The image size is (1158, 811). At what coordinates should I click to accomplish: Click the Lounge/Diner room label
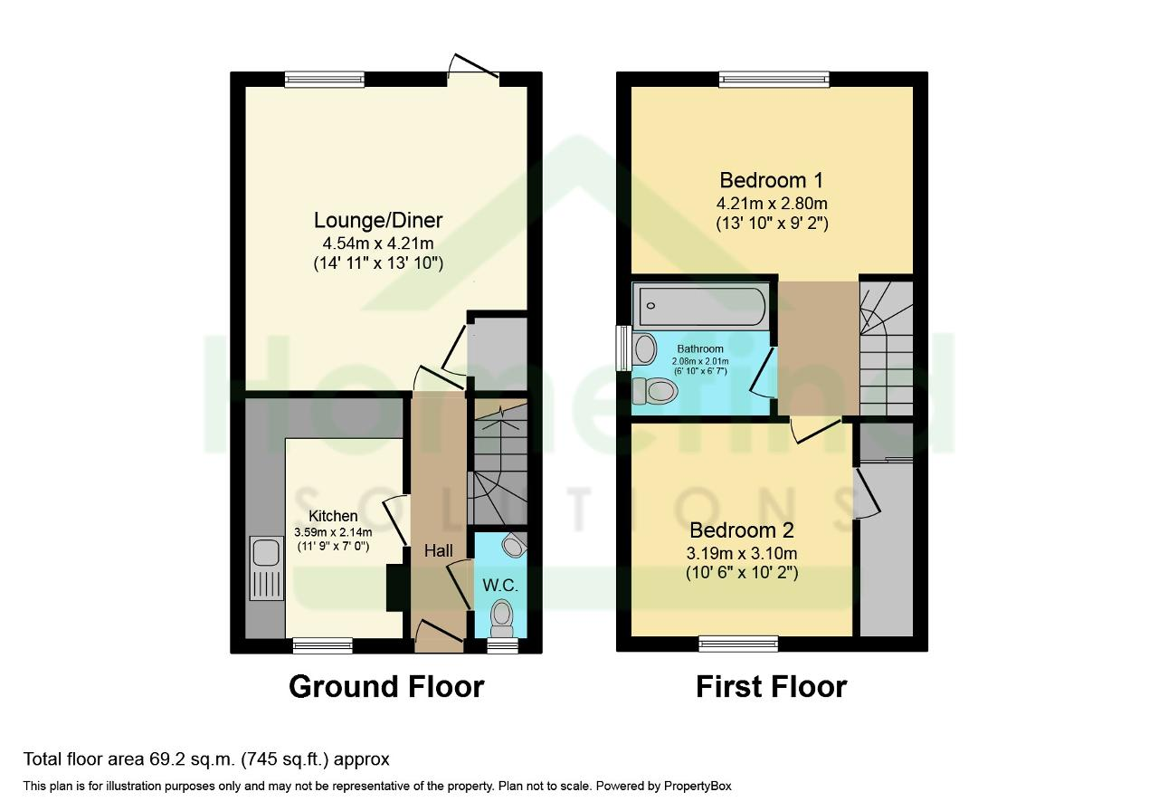378,220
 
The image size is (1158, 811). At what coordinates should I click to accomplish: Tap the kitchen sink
267,568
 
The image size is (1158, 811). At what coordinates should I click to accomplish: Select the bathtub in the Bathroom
701,306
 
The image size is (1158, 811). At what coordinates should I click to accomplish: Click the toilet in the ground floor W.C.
501,618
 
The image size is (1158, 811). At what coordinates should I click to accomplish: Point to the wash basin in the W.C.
515,544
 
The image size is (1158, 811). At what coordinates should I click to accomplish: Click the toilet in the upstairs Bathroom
654,391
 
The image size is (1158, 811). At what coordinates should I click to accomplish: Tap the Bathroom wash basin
644,348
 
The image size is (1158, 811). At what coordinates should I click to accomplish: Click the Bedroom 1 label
772,180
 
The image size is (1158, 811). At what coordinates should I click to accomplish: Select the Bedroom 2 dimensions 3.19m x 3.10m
742,553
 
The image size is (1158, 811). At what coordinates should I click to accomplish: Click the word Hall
439,551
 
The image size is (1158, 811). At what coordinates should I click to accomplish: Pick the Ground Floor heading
386,687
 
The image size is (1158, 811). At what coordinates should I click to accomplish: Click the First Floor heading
772,687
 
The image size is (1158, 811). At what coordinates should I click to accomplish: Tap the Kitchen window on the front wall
323,645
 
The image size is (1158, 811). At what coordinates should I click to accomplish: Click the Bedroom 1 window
774,79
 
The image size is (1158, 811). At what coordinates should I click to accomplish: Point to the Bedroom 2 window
738,644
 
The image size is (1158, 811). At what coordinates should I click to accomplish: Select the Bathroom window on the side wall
624,348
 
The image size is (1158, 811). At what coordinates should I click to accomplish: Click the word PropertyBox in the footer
698,787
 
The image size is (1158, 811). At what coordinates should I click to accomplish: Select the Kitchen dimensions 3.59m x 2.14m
333,531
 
